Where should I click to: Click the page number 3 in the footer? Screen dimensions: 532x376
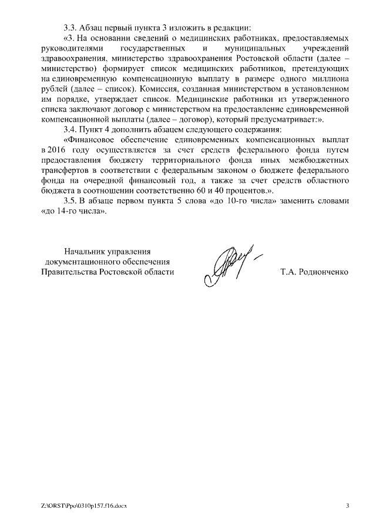pos(347,505)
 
